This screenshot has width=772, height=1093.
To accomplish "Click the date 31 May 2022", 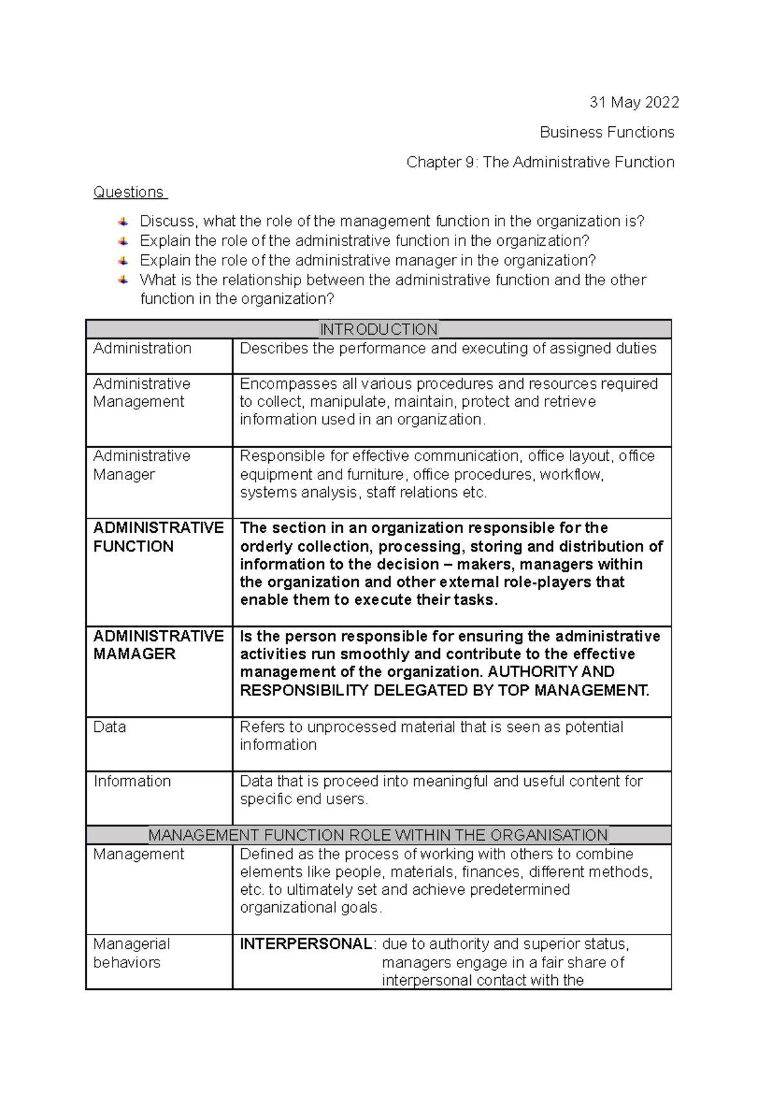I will [634, 102].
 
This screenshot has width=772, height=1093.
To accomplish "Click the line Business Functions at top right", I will [607, 133].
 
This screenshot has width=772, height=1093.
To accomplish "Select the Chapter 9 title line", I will [540, 162].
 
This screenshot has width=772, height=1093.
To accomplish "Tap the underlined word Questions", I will [129, 192].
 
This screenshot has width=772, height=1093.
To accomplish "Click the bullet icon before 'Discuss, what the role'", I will [123, 221].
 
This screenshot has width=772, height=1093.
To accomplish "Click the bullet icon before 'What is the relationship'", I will [123, 280].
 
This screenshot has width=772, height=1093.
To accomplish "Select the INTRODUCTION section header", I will [378, 330].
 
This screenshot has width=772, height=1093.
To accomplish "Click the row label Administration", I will [142, 348].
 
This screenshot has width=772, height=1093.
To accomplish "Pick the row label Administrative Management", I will [142, 393].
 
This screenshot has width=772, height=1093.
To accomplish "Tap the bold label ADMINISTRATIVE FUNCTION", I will [158, 537].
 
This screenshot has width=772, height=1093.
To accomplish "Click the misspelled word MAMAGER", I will [134, 654].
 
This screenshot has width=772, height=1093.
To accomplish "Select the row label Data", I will [109, 727].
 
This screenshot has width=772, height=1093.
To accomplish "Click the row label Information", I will [132, 781].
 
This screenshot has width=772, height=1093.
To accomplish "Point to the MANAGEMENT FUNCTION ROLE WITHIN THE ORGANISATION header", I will [378, 836].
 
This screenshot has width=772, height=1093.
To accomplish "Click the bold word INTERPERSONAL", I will [306, 944].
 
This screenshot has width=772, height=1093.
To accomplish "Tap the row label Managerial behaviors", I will [131, 953].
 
